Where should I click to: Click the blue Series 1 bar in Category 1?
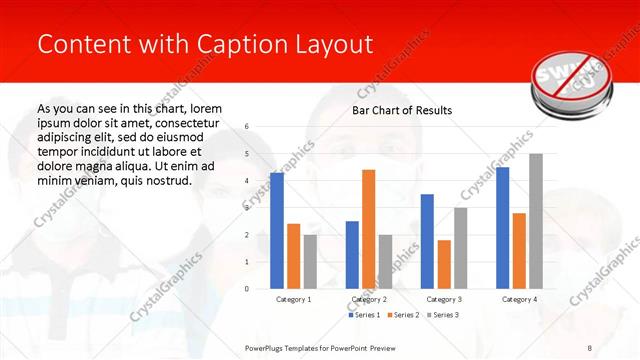[x=277, y=231]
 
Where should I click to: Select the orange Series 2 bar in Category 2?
[x=368, y=229]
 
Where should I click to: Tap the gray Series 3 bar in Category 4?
[x=536, y=221]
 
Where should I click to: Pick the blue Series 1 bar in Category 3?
[x=427, y=241]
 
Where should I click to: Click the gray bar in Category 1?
[x=310, y=262]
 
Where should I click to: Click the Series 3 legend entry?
[x=446, y=315]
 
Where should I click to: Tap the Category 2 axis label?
[x=369, y=299]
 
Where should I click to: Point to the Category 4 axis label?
[x=519, y=299]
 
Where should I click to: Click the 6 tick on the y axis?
[x=247, y=127]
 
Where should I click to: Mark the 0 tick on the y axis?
[x=247, y=289]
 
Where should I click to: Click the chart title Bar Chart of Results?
[x=402, y=110]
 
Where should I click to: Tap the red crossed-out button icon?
[x=563, y=78]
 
